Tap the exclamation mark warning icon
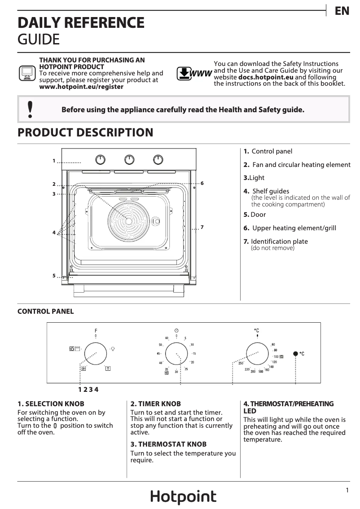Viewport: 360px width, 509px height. [x=30, y=110]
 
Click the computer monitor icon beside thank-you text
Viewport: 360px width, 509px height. [x=26, y=73]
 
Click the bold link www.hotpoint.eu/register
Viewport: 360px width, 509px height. [x=81, y=87]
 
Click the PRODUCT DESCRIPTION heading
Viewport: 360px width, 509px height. [x=85, y=132]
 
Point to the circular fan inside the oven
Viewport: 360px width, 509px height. [x=129, y=221]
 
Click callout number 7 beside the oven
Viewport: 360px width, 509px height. [x=202, y=228]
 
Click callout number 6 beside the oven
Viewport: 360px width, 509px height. [x=202, y=183]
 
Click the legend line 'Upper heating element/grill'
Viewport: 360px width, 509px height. [x=294, y=228]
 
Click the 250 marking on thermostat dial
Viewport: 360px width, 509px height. [x=241, y=363]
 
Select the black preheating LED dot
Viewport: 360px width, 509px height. [x=295, y=354]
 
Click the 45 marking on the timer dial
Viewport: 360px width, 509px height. [x=159, y=354]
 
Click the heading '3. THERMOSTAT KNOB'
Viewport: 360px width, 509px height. [x=168, y=444]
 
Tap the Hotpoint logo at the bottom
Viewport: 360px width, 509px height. [x=183, y=497]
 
